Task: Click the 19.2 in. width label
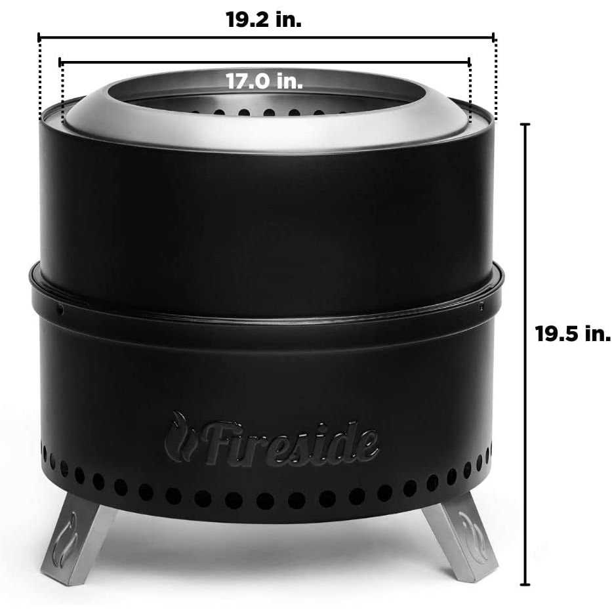pyautogui.click(x=264, y=19)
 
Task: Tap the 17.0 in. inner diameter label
pyautogui.click(x=264, y=81)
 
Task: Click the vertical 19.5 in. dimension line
pyautogui.click(x=525, y=262)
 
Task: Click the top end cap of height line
pyautogui.click(x=525, y=124)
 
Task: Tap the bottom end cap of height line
pyautogui.click(x=525, y=584)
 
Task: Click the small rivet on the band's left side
pyautogui.click(x=59, y=306)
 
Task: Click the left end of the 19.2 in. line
pyautogui.click(x=39, y=37)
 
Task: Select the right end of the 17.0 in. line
pyautogui.click(x=470, y=62)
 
